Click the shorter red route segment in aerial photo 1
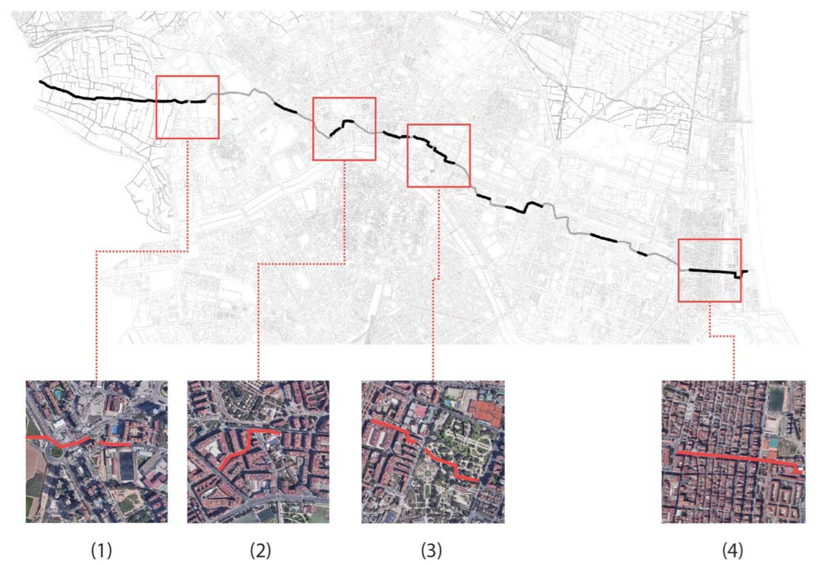pyautogui.click(x=115, y=443)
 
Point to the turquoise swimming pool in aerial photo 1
pyautogui.click(x=57, y=393)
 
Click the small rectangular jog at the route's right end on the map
pyautogui.click(x=737, y=276)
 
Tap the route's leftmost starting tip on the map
pyautogui.click(x=40, y=82)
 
